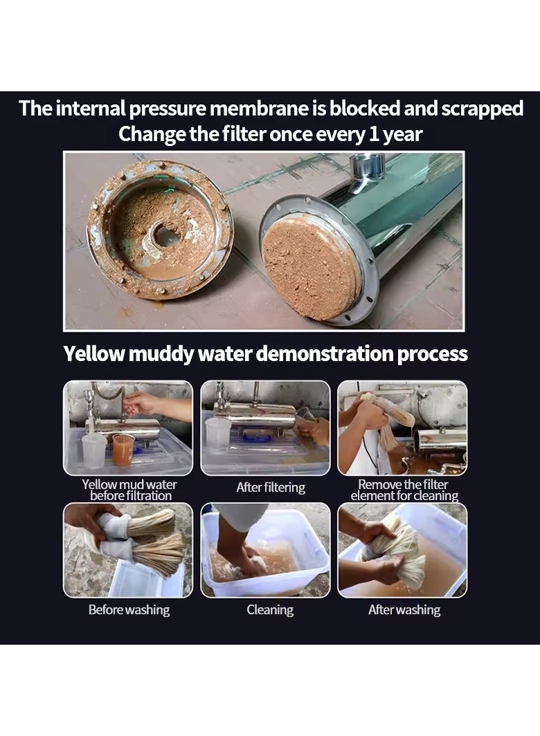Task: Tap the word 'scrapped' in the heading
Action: [x=482, y=109]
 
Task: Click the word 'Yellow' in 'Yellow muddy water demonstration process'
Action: [x=93, y=353]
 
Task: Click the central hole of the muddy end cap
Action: [x=165, y=235]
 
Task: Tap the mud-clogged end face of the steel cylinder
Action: [x=309, y=264]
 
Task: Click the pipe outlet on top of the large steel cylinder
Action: [x=367, y=166]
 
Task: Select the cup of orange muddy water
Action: [x=123, y=449]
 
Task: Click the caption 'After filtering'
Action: [x=271, y=488]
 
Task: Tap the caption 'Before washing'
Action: [x=129, y=609]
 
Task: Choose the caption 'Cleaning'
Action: [x=270, y=609]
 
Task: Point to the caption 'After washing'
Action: [x=404, y=609]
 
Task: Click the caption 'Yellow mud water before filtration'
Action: [x=129, y=490]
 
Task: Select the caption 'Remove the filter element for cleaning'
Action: [x=404, y=490]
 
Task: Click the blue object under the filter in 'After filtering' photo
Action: [x=256, y=437]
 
